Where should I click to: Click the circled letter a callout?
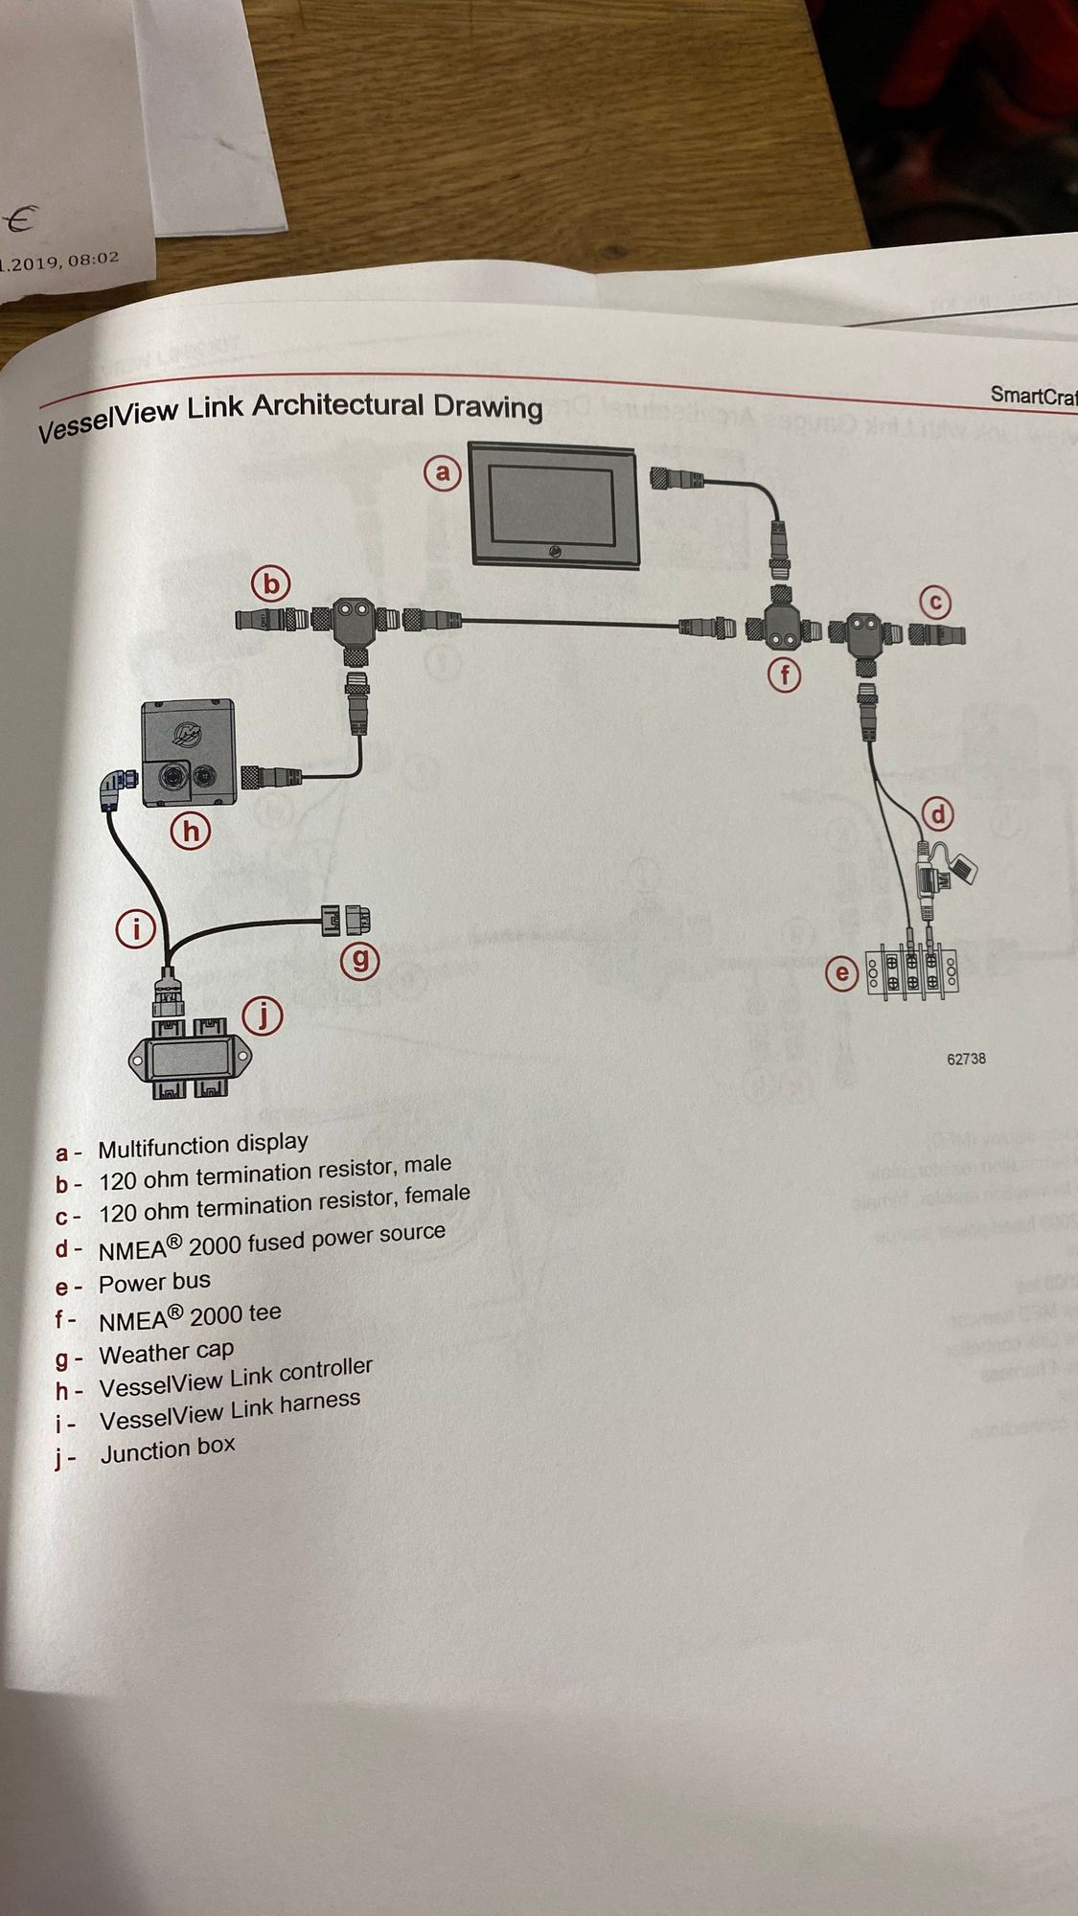click(443, 472)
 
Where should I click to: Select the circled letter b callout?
click(271, 583)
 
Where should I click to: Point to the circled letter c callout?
click(935, 603)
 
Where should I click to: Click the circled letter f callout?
click(785, 675)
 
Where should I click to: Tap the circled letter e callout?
click(842, 974)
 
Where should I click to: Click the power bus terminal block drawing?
click(912, 969)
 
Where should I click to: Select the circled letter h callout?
click(191, 831)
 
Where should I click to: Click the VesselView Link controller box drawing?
click(188, 751)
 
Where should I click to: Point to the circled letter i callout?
click(136, 928)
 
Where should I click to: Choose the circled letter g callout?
click(361, 960)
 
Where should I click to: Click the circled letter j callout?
click(264, 1016)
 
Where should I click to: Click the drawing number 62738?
click(966, 1059)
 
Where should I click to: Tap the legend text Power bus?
click(154, 1282)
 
